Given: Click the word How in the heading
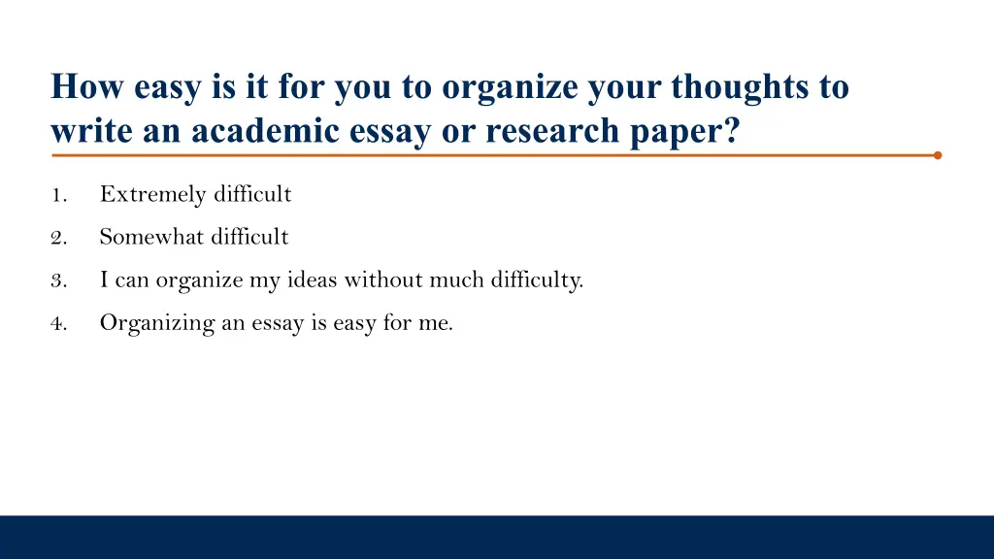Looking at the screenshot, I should [x=87, y=87].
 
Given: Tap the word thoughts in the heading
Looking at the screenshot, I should [x=740, y=87].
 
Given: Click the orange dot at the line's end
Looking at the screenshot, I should [x=938, y=154].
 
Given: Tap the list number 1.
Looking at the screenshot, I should [x=58, y=195].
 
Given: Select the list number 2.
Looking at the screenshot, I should [x=58, y=238].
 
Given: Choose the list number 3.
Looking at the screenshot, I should [x=58, y=281].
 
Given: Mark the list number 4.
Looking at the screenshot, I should [x=58, y=324].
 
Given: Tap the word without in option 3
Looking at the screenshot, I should [x=384, y=280].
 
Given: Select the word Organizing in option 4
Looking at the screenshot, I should [x=157, y=324].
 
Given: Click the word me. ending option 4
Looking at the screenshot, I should [x=436, y=324].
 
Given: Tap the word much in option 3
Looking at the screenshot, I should [x=456, y=280].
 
